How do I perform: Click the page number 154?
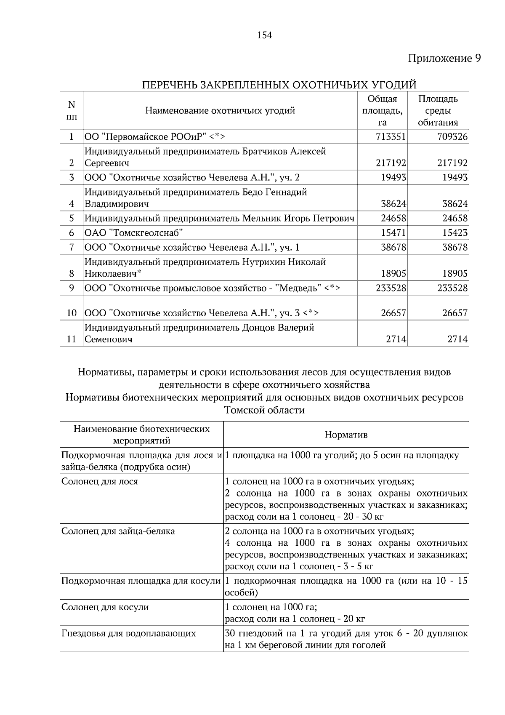pyautogui.click(x=264, y=35)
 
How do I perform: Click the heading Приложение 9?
pyautogui.click(x=444, y=58)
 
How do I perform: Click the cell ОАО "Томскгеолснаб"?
pyautogui.click(x=134, y=233)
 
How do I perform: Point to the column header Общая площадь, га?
pyautogui.click(x=382, y=110)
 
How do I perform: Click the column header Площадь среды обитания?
pyautogui.click(x=438, y=110)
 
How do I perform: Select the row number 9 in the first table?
pyautogui.click(x=72, y=288)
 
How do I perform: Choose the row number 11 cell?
pyautogui.click(x=72, y=339)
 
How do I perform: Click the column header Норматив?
pyautogui.click(x=346, y=435)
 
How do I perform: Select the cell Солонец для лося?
pyautogui.click(x=100, y=481)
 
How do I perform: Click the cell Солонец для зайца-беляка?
pyautogui.click(x=118, y=531)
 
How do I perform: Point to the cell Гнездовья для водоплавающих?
pyautogui.click(x=129, y=633)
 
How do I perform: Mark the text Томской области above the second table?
pyautogui.click(x=264, y=410)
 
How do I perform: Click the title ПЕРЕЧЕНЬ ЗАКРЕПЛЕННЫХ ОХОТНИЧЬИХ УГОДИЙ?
pyautogui.click(x=279, y=85)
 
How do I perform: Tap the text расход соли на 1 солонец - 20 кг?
pyautogui.click(x=295, y=619)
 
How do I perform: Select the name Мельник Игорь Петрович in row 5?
pyautogui.click(x=298, y=218)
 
